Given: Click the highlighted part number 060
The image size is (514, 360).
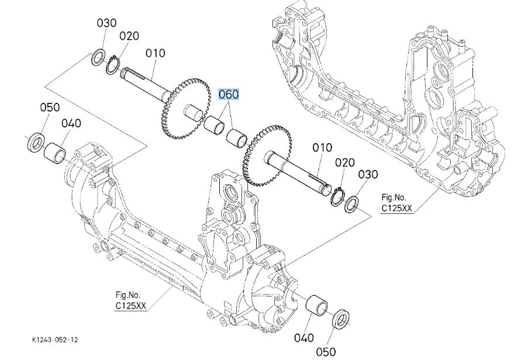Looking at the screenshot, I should tap(229, 95).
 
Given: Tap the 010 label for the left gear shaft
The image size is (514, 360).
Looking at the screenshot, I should tap(156, 54).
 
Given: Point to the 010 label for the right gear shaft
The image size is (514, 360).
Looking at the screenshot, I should tap(322, 148).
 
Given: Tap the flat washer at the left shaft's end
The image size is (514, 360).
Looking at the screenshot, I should tap(100, 58).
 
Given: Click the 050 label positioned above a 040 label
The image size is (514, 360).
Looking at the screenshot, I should tap(50, 108).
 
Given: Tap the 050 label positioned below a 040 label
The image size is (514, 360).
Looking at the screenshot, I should tap(326, 351).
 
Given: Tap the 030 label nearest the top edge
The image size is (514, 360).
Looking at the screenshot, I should tap(107, 23).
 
